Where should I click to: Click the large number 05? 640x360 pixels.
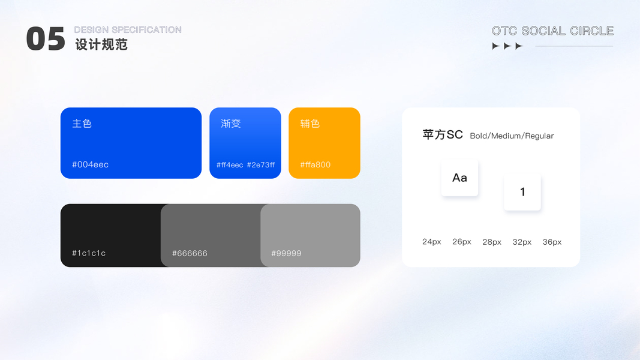(x=46, y=39)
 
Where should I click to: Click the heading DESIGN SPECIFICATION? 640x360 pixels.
(x=128, y=30)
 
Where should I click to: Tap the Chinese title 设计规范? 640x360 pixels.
(x=101, y=44)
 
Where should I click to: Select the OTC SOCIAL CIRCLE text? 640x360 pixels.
(x=552, y=31)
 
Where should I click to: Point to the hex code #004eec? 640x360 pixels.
(x=90, y=164)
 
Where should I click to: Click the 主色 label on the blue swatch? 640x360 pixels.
(x=82, y=123)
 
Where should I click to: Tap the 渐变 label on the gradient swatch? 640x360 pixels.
(x=230, y=123)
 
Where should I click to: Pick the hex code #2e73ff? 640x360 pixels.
(x=261, y=165)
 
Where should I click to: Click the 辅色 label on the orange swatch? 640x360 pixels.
(x=310, y=123)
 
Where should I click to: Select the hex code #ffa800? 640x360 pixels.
(x=316, y=164)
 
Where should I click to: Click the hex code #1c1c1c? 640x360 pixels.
(x=89, y=253)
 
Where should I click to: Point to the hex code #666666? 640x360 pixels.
(x=190, y=253)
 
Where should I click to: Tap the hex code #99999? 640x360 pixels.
(x=286, y=253)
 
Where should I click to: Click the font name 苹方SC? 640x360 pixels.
(x=443, y=134)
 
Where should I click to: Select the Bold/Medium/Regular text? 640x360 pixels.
(x=512, y=136)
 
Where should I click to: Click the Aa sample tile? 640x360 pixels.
(x=459, y=178)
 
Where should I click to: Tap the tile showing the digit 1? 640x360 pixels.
(x=522, y=192)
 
